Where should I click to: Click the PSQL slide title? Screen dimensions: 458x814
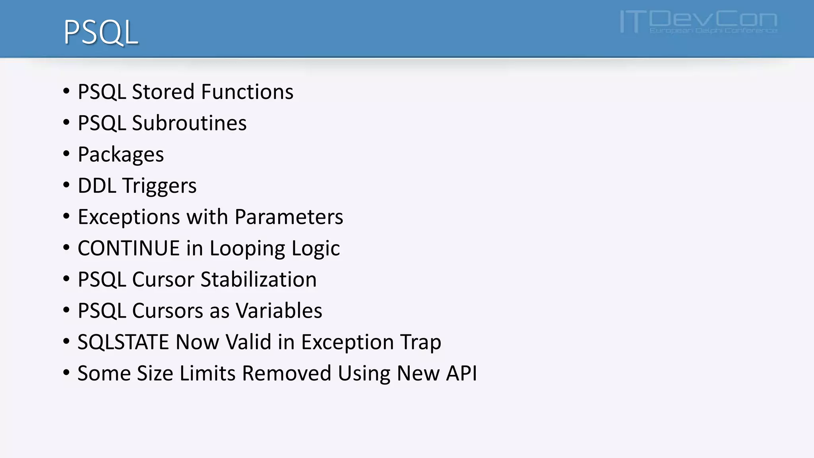coord(101,32)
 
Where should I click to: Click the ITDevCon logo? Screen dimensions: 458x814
coord(698,22)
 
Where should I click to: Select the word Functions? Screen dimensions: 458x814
coord(247,92)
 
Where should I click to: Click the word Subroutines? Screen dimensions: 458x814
coord(189,123)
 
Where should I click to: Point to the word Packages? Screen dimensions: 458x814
coord(120,155)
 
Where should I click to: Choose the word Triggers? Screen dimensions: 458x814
coord(159,186)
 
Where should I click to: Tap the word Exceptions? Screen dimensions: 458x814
coord(129,217)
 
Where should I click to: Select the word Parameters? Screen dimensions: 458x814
coord(289,217)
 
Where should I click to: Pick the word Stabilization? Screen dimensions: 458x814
coord(258,279)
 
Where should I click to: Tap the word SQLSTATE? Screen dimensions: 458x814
coord(123,342)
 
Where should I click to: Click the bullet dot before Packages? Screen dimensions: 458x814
coord(66,154)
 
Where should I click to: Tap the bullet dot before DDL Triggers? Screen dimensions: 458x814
coord(66,185)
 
